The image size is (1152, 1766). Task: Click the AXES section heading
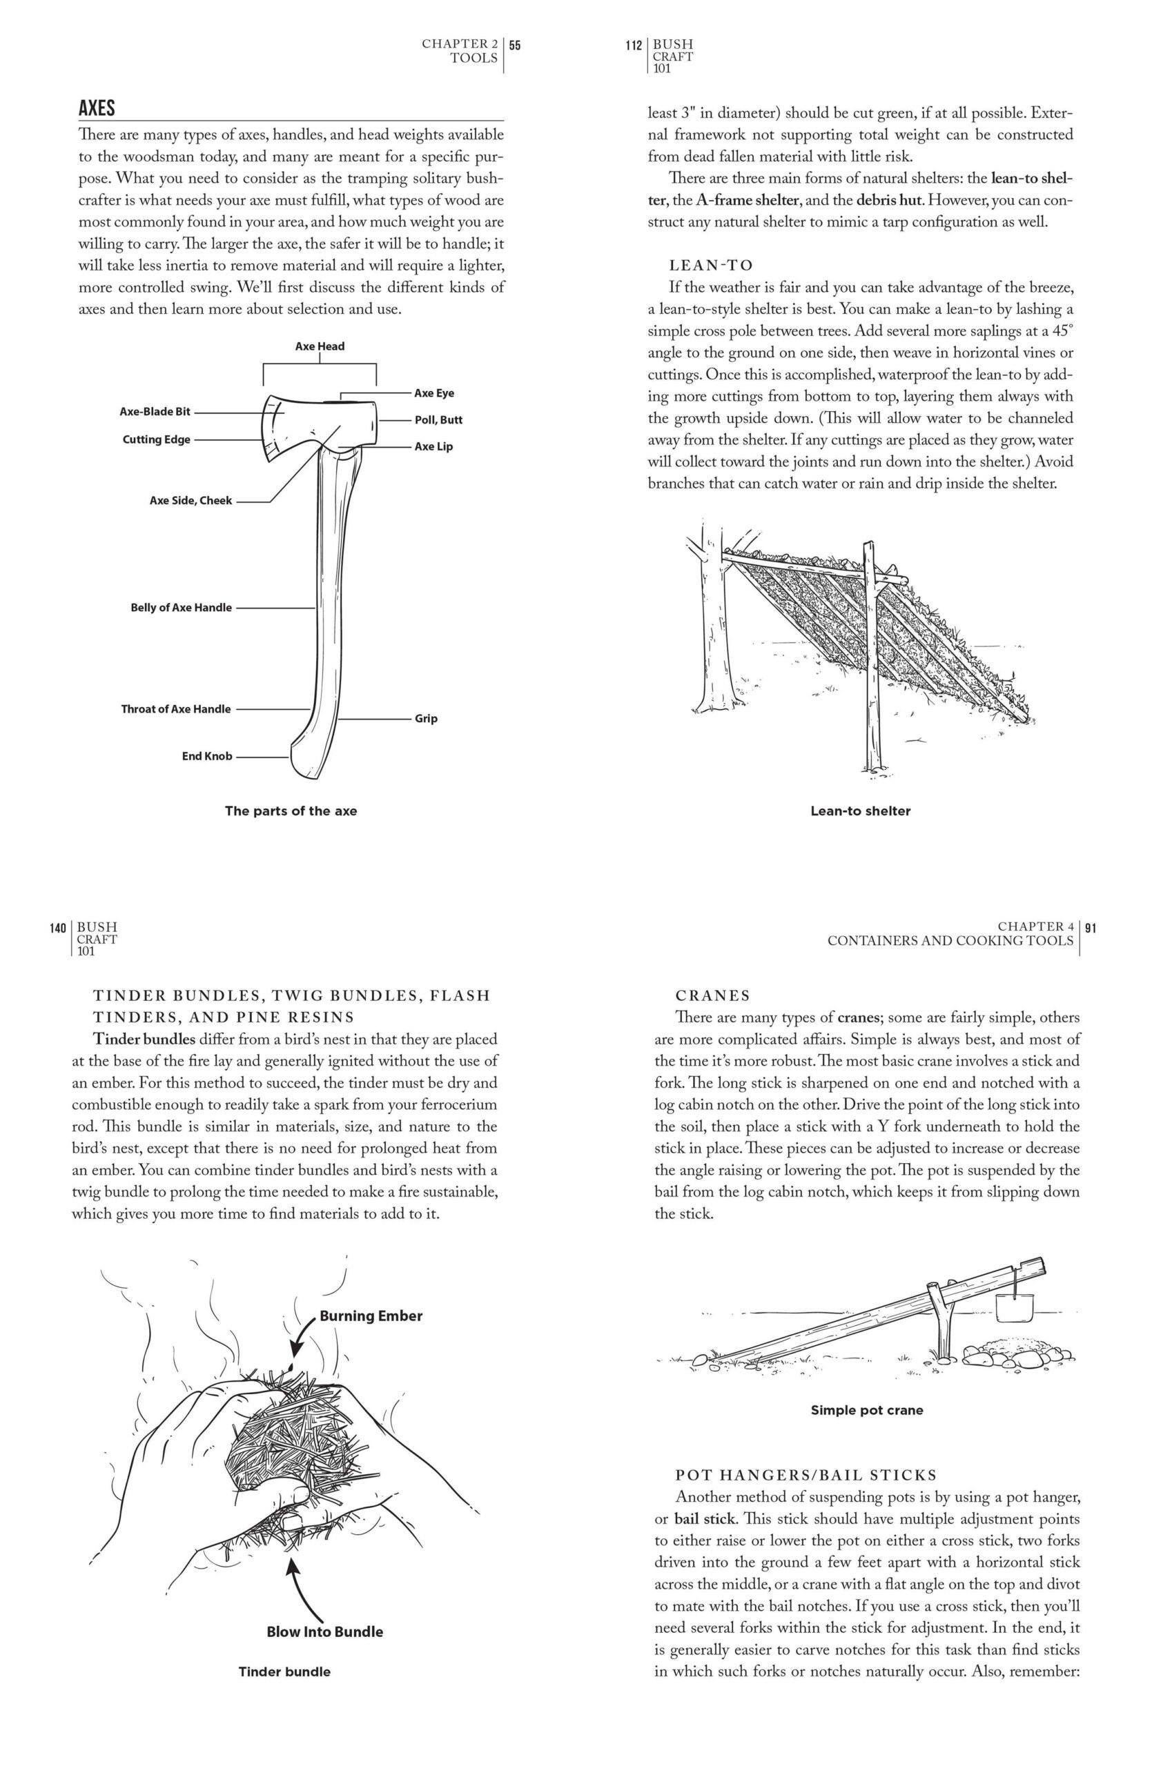97,108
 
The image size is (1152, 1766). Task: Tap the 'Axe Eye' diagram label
434,393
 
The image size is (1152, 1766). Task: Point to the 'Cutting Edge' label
157,439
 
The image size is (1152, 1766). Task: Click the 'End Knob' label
207,756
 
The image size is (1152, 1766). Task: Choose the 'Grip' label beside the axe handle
426,718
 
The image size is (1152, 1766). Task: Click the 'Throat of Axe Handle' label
176,708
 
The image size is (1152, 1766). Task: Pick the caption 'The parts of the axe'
291,811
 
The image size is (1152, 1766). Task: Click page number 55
515,45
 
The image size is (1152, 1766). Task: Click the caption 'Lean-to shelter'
860,811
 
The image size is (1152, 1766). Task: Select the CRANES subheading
712,995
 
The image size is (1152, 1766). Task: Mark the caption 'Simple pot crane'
867,1410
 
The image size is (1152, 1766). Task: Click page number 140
59,928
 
